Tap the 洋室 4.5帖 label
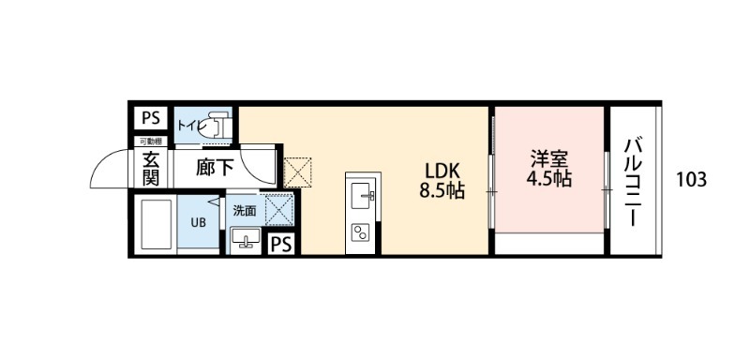[x=548, y=169]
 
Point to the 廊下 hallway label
[x=215, y=169]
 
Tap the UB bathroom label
[x=199, y=222]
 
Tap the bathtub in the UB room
[x=153, y=223]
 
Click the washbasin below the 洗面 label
[x=247, y=237]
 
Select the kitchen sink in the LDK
[x=361, y=196]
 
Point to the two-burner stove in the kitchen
[x=361, y=231]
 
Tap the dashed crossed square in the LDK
[x=297, y=172]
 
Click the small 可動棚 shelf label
[x=150, y=141]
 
